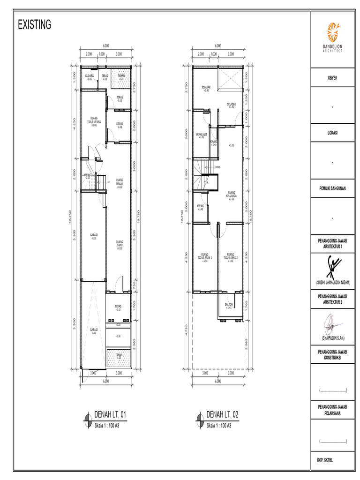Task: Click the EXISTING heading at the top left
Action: coord(34,25)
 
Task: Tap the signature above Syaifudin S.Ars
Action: coord(334,323)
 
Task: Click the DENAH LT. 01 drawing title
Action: coord(111,415)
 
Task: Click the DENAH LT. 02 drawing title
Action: coord(223,415)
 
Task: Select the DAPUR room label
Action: coord(120,125)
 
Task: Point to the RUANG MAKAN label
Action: coord(120,183)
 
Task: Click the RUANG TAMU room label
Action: coord(120,244)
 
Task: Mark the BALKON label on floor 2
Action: coord(229,306)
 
